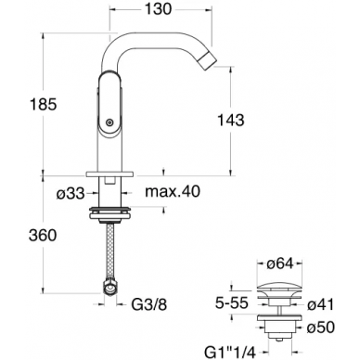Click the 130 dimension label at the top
158,9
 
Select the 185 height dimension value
44,104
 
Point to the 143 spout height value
231,120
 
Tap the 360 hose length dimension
43,236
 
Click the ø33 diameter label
71,194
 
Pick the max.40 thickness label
173,192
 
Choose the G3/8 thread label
149,304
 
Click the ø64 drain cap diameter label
279,264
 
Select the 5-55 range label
232,303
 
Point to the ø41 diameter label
321,304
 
